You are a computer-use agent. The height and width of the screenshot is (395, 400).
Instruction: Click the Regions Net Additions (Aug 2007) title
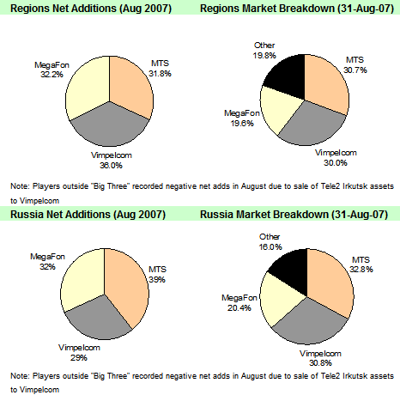(91, 8)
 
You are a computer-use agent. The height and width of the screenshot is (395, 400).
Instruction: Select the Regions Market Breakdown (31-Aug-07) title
(297, 8)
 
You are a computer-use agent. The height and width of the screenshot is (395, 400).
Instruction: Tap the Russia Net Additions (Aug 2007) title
(88, 215)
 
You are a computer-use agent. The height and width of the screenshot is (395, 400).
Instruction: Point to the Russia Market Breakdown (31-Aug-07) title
(294, 215)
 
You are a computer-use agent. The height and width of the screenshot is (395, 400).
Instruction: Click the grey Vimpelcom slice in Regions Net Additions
(109, 126)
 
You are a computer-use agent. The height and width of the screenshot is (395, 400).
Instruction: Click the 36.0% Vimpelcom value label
(111, 165)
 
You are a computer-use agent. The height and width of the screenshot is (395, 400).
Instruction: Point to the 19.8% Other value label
(264, 55)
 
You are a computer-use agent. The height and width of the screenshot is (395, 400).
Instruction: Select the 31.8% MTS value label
(160, 74)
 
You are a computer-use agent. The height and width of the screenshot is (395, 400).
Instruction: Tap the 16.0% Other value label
(270, 246)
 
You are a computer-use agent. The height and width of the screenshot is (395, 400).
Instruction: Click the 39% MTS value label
(157, 279)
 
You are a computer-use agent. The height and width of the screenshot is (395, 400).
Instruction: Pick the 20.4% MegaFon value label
(239, 308)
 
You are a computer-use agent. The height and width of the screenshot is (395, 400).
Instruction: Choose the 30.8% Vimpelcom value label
(320, 363)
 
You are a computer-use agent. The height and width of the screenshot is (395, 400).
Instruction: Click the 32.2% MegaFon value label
(52, 75)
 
